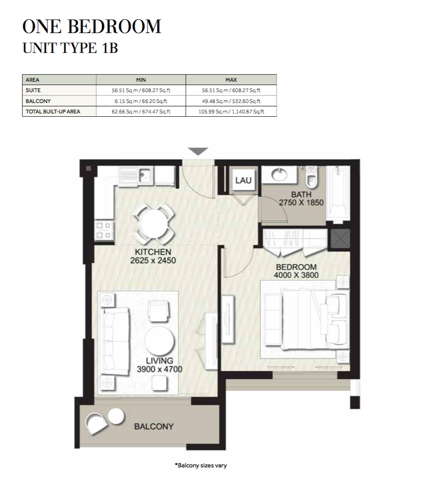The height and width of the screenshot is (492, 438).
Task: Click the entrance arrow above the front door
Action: coord(198,151)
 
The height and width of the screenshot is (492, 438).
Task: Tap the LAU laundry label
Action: coord(243,181)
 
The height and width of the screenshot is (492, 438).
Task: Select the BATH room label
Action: coord(301,195)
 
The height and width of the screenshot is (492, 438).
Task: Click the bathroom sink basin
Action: coord(279,174)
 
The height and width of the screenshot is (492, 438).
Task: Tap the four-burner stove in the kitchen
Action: coord(104,230)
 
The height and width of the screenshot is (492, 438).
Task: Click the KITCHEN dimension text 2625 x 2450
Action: coord(153,260)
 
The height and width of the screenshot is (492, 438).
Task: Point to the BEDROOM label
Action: coord(296,267)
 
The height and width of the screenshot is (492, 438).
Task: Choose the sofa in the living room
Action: coord(114,341)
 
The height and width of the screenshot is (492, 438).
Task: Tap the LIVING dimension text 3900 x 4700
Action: coord(159,369)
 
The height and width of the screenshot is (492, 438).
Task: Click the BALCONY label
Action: coord(154,426)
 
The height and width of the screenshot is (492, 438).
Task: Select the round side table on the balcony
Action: coord(116,416)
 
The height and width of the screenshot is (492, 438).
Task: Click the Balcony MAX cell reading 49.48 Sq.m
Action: coord(231,101)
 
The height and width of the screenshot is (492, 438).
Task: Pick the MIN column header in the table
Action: coord(141,80)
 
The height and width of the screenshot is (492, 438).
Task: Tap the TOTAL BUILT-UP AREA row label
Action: coord(53,112)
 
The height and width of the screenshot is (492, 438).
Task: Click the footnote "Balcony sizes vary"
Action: coord(201,466)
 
